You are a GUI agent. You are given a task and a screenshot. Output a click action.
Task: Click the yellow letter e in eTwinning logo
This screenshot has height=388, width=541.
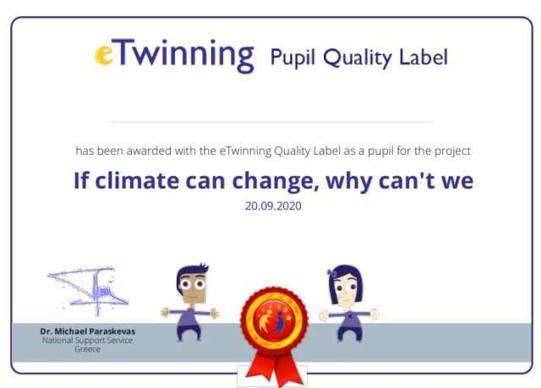pos(103,55)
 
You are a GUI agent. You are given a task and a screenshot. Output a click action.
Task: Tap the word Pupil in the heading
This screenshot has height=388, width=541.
pos(292,57)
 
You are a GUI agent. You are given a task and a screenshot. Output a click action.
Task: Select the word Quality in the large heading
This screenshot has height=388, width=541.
pos(357,58)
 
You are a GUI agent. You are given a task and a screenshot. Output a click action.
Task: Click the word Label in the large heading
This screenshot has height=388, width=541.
pos(424,57)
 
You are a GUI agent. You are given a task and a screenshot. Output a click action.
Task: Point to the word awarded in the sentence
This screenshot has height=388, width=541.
pos(149,150)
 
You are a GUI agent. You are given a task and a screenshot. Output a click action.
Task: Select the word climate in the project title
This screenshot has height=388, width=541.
pos(137,180)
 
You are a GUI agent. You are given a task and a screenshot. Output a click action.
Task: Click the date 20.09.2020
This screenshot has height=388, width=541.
pos(273,206)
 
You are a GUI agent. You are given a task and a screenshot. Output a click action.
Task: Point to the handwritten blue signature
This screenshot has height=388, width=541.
pos(88,291)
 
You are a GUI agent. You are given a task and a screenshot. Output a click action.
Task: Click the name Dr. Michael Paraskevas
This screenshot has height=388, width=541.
pos(88,331)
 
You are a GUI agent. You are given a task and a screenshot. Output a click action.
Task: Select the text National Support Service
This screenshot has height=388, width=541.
pos(87,341)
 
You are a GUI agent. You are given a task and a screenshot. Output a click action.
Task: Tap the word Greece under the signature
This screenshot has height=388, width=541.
pos(87,349)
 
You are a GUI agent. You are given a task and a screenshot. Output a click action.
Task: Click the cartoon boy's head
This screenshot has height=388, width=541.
pos(192,283)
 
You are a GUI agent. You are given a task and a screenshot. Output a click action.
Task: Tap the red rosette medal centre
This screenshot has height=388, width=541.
pos(274,319)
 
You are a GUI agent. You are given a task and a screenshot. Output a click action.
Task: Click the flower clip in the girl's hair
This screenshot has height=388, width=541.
pos(333,273)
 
